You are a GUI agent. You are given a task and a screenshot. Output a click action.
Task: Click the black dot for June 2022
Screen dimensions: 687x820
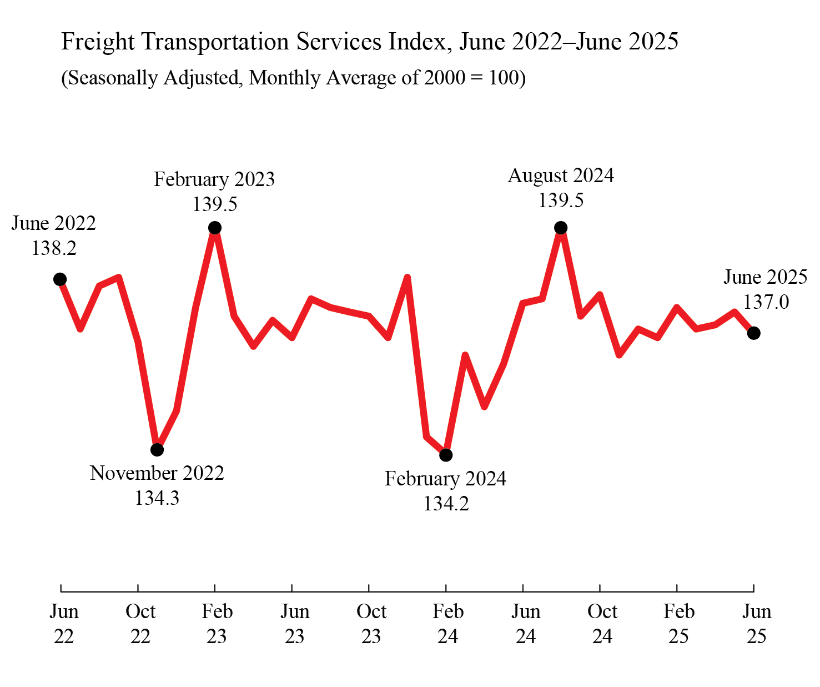tap(60, 279)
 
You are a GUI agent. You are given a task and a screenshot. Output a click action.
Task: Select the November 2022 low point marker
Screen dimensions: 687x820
tap(158, 449)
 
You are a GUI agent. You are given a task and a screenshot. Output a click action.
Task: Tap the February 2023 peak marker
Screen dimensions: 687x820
tap(215, 228)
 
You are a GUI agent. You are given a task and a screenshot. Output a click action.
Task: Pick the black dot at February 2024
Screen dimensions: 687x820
tap(446, 455)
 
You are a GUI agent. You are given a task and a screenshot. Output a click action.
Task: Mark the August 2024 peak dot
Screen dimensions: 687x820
tap(561, 228)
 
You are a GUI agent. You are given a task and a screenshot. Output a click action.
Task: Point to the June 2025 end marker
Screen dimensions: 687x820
tap(753, 333)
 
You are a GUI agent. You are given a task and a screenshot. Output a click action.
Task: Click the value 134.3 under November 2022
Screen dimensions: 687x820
tap(157, 498)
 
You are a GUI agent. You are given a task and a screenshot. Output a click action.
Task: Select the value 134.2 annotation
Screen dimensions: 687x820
tap(446, 503)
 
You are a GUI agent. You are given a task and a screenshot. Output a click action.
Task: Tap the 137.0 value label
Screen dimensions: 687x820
tap(766, 302)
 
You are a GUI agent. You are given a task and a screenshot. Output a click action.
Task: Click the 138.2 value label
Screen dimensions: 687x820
tap(54, 248)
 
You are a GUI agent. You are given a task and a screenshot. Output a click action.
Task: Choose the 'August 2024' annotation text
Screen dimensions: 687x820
tap(561, 175)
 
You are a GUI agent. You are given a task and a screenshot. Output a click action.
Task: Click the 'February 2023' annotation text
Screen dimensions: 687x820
tap(214, 179)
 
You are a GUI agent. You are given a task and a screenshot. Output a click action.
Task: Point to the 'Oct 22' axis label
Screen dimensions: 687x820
tap(140, 623)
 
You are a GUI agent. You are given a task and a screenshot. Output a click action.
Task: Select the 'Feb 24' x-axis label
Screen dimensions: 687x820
tap(447, 623)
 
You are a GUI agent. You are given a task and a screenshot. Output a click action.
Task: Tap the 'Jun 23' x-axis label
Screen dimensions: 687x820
tap(294, 623)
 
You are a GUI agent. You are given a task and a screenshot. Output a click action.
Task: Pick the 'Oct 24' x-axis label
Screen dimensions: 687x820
tap(602, 623)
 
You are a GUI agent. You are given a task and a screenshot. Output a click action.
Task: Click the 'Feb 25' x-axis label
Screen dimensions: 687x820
tap(678, 623)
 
